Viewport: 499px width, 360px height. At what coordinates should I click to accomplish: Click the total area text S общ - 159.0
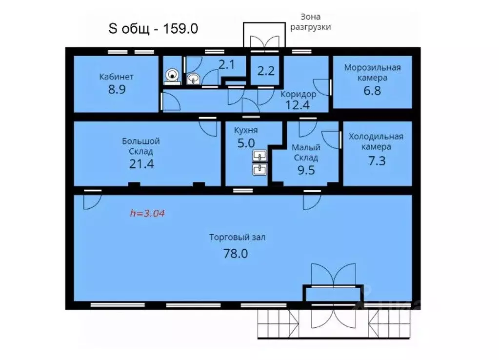click(x=153, y=29)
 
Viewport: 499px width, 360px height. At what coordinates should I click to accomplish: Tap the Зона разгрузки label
click(x=310, y=21)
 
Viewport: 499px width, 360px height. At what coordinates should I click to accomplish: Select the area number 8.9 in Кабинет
click(x=117, y=89)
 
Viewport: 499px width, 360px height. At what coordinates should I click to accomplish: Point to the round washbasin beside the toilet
click(x=193, y=79)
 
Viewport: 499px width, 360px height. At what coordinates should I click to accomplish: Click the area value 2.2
click(x=266, y=71)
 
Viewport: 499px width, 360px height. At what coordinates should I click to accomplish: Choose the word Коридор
click(x=298, y=94)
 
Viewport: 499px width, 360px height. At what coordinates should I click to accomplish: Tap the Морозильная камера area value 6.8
click(x=372, y=91)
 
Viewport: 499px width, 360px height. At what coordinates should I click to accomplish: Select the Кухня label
click(x=246, y=130)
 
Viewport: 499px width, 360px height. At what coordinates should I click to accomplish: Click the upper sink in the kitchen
click(x=260, y=156)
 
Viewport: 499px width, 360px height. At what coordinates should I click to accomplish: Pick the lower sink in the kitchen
click(x=260, y=169)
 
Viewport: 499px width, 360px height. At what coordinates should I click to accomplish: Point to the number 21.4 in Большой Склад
click(x=141, y=164)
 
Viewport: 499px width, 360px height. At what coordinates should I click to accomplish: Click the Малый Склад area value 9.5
click(x=306, y=170)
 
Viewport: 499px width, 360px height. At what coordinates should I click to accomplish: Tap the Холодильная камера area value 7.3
click(x=377, y=161)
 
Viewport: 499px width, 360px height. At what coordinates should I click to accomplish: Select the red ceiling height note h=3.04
click(x=147, y=213)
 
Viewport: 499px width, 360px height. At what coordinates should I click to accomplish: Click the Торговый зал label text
click(x=237, y=238)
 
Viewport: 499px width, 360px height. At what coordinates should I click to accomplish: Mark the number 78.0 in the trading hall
click(x=236, y=254)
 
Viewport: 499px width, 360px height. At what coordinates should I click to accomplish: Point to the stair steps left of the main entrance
click(x=278, y=323)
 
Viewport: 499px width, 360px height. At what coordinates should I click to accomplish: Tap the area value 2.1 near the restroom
click(x=227, y=64)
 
